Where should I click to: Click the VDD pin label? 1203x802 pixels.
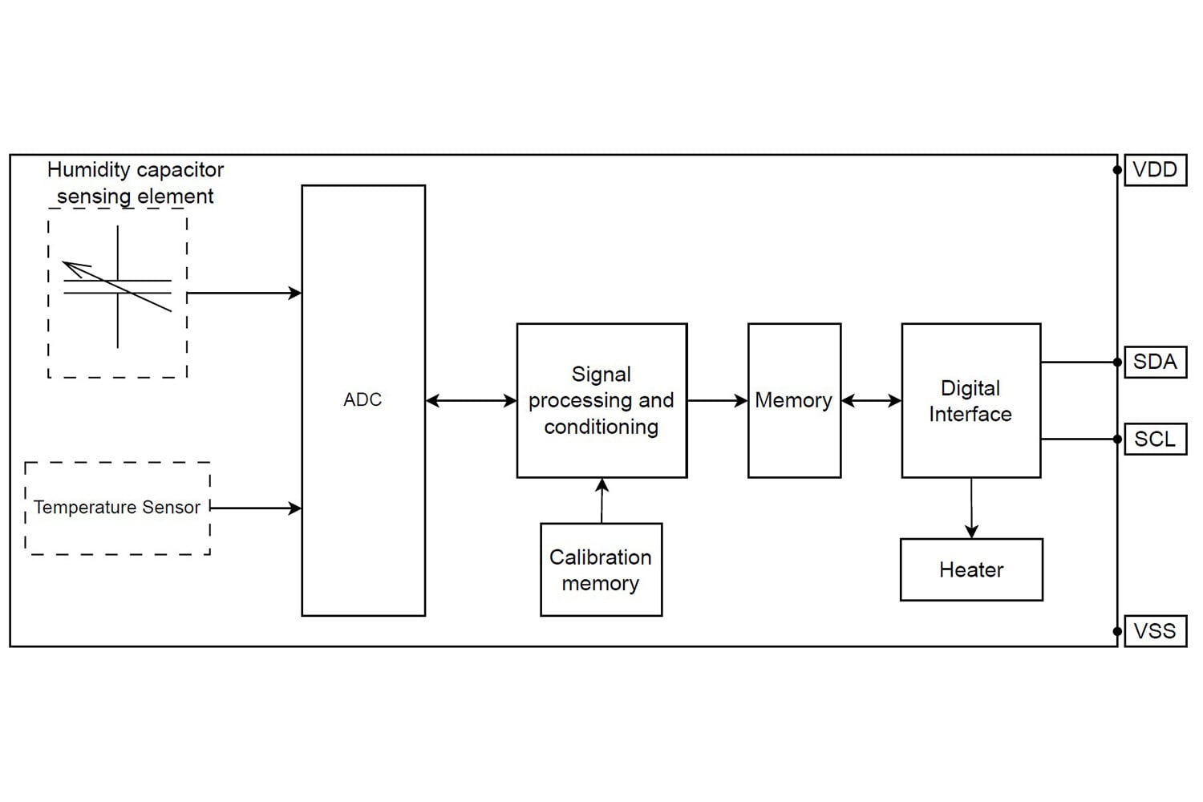pyautogui.click(x=1155, y=170)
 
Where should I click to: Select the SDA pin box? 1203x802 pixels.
pyautogui.click(x=1155, y=362)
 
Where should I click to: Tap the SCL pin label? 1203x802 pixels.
pyautogui.click(x=1155, y=439)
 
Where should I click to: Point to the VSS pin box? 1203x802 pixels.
pyautogui.click(x=1155, y=631)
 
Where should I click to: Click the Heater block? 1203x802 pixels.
pyautogui.click(x=971, y=569)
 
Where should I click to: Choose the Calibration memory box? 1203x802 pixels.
pyautogui.click(x=601, y=569)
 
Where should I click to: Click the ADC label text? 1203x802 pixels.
pyautogui.click(x=363, y=399)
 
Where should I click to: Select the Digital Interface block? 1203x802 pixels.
pyautogui.click(x=970, y=400)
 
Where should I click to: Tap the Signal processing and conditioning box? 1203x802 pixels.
pyautogui.click(x=601, y=400)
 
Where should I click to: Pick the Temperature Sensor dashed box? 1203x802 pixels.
pyautogui.click(x=117, y=508)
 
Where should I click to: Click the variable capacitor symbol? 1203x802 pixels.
pyautogui.click(x=118, y=287)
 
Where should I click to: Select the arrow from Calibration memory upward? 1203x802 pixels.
pyautogui.click(x=601, y=500)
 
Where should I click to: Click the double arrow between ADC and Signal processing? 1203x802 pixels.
pyautogui.click(x=471, y=400)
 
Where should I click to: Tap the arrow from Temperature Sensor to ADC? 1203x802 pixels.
pyautogui.click(x=255, y=508)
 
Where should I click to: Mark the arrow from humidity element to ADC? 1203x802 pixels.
pyautogui.click(x=244, y=294)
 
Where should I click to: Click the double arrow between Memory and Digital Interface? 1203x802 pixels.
pyautogui.click(x=871, y=400)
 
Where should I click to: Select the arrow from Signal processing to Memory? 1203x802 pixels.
pyautogui.click(x=717, y=400)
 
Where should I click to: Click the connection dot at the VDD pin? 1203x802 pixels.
pyautogui.click(x=1117, y=170)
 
